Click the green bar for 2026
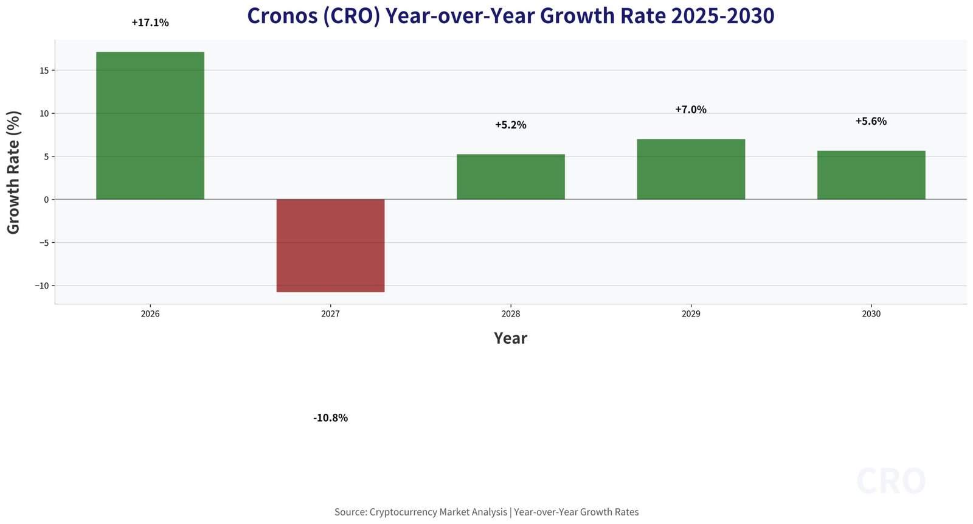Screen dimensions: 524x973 pos(150,125)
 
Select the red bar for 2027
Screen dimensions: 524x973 pos(330,246)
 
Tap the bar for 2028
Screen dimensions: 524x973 pos(510,177)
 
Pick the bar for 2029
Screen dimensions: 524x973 pos(691,169)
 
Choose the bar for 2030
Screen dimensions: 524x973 pos(871,175)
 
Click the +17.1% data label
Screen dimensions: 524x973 pos(150,23)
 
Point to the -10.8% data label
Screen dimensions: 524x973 pos(330,418)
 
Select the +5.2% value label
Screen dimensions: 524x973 pos(510,125)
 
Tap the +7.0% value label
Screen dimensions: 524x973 pos(691,110)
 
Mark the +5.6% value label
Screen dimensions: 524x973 pos(871,122)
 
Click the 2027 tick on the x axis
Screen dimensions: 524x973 pos(330,315)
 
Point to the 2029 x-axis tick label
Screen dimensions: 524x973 pos(691,315)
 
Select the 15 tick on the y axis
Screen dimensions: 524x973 pos(44,71)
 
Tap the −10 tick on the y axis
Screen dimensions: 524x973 pos(42,286)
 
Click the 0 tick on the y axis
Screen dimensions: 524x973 pos(46,200)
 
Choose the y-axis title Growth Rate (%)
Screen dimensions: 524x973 pos(14,172)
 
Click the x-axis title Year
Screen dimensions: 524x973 pos(510,338)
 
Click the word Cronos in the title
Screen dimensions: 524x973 pos(281,16)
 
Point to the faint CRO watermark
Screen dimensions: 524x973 pos(891,481)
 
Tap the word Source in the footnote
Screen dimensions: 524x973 pos(350,512)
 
